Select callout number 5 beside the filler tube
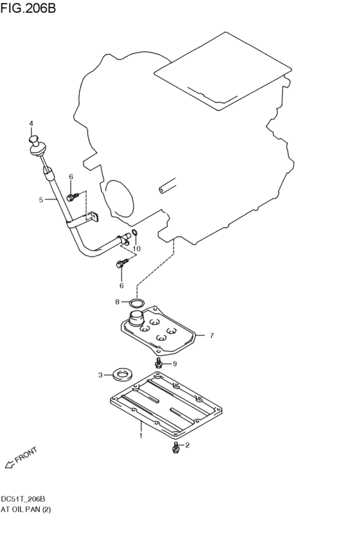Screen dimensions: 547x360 (x=41, y=199)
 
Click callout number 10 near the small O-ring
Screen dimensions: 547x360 (x=136, y=248)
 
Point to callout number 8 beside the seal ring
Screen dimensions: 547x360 (x=117, y=301)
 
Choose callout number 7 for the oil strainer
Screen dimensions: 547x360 (x=212, y=334)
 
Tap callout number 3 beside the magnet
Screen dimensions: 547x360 (x=100, y=375)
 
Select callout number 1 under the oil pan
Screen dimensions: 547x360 (x=141, y=435)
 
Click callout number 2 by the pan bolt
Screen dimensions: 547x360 (x=187, y=445)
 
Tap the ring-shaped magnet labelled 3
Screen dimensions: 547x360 (x=120, y=373)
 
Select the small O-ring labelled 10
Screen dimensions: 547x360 (x=134, y=233)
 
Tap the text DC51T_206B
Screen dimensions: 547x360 (x=22, y=499)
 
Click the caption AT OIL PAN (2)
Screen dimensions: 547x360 (x=26, y=509)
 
